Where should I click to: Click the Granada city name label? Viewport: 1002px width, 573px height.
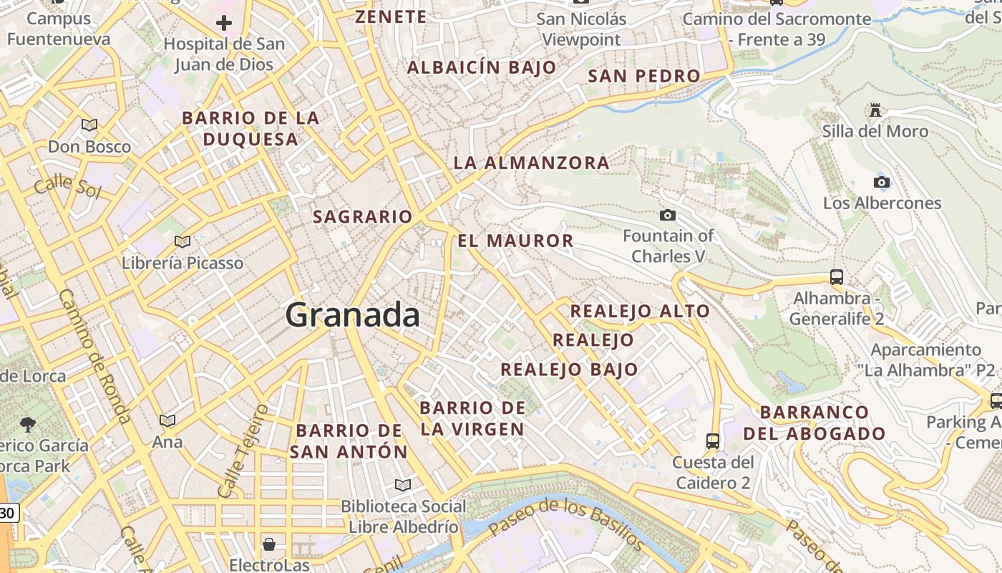click(353, 315)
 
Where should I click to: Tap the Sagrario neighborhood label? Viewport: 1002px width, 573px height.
click(363, 216)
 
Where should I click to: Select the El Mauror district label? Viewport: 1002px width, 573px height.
click(515, 241)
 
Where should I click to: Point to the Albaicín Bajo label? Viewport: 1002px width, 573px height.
click(482, 67)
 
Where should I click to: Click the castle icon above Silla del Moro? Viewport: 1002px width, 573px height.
click(875, 110)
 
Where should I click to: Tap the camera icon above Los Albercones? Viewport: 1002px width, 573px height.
click(882, 182)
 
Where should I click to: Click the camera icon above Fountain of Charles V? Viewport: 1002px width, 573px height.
click(667, 215)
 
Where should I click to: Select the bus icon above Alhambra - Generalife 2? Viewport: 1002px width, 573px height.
click(836, 276)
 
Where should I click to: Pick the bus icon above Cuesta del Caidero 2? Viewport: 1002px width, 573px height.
click(713, 440)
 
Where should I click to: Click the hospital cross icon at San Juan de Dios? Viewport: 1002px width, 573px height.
click(224, 23)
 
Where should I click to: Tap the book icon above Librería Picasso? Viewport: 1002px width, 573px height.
click(183, 241)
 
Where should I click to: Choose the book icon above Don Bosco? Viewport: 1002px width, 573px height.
click(89, 125)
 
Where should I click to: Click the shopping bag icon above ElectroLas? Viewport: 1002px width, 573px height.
click(269, 544)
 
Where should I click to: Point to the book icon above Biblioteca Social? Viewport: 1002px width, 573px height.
click(403, 485)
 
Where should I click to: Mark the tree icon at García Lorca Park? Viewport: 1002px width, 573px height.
click(28, 424)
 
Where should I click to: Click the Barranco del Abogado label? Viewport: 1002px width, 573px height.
click(814, 423)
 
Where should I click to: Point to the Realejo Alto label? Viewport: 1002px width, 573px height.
click(640, 311)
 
